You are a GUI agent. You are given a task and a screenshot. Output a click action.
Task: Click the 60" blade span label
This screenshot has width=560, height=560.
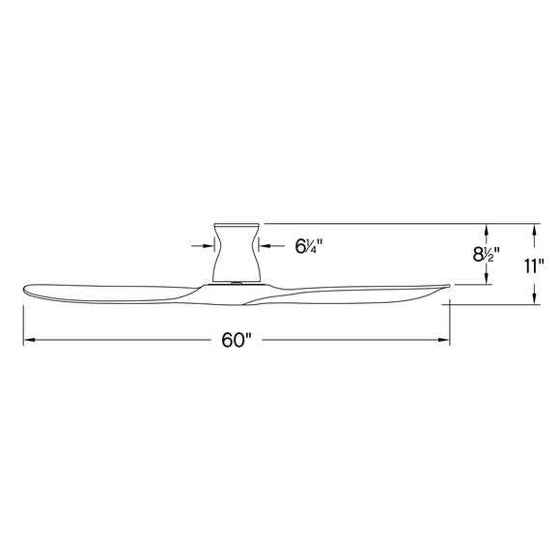(x=236, y=340)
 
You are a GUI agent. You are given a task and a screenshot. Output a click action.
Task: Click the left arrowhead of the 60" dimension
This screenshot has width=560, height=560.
(x=29, y=340)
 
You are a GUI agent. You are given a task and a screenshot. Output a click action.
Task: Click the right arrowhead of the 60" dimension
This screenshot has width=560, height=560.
(x=445, y=340)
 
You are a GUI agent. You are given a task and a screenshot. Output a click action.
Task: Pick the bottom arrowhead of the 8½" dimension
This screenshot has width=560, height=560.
(x=490, y=280)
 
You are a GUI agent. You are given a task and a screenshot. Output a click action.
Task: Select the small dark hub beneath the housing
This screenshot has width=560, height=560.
(x=235, y=283)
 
